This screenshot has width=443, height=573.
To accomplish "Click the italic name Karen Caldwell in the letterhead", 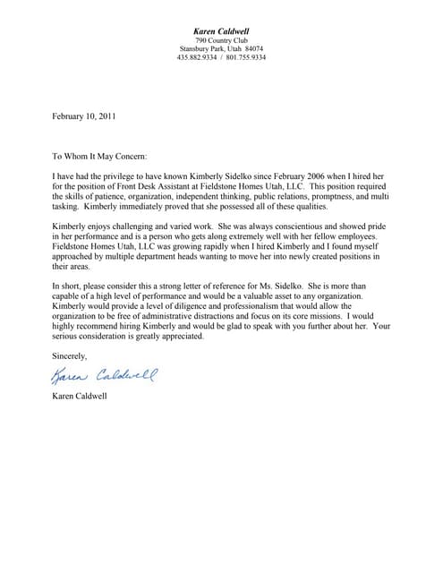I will (x=222, y=30).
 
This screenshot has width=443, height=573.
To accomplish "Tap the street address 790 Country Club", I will (x=222, y=39).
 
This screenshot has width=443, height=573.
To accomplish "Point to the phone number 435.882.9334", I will (x=197, y=57).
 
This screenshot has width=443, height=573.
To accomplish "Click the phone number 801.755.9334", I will (x=247, y=57).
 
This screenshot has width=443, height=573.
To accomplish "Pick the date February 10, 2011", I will (x=83, y=115).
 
